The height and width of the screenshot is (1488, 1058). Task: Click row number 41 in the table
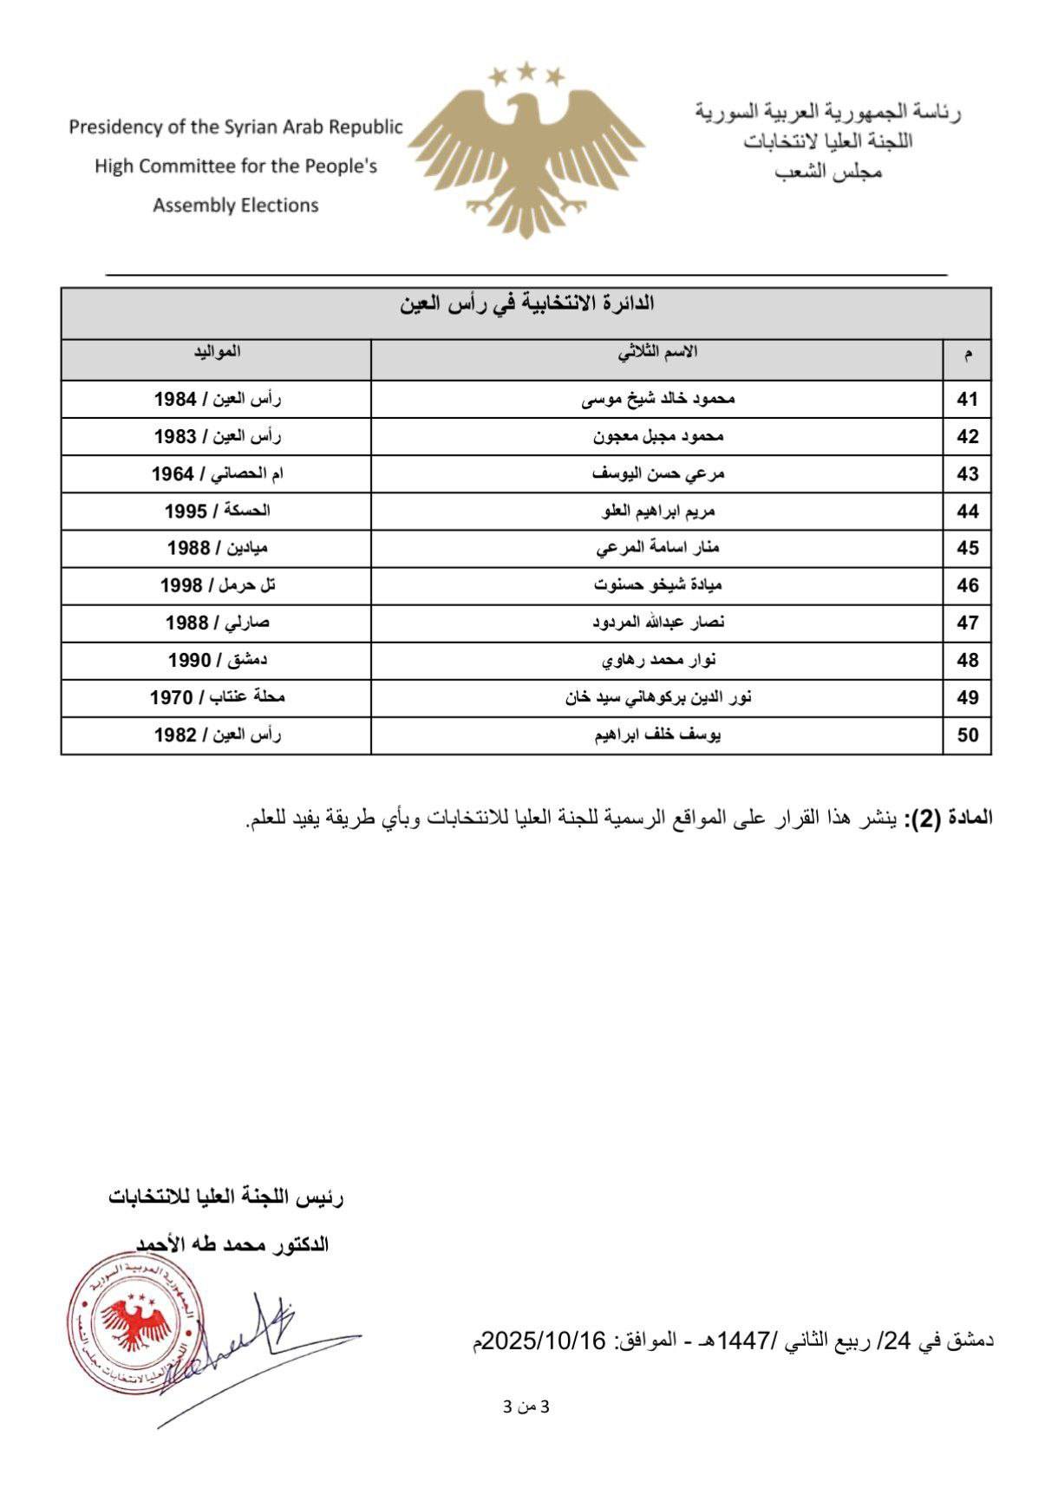(x=967, y=400)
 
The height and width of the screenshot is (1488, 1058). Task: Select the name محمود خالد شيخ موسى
(x=657, y=400)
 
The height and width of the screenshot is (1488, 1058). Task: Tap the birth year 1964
(x=173, y=474)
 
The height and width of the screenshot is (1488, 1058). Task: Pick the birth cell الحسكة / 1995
(x=217, y=512)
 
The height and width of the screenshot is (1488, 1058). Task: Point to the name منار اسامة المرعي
(x=657, y=549)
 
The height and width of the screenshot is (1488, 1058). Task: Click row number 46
(x=967, y=586)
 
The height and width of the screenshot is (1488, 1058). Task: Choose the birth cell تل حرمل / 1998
(x=217, y=586)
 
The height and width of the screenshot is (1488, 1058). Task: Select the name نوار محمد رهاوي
(x=657, y=661)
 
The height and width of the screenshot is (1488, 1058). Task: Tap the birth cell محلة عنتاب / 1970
(x=217, y=697)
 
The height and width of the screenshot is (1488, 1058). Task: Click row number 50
(x=967, y=735)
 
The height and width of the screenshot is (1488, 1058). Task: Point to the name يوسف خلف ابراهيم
(x=657, y=735)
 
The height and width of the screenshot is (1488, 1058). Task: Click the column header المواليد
(x=217, y=352)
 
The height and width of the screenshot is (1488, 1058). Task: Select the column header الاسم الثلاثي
(x=657, y=352)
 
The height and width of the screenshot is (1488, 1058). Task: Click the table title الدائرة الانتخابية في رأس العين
(x=527, y=304)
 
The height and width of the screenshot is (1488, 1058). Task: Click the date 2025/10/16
(x=543, y=1341)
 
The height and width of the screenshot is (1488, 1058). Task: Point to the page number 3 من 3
(x=526, y=1406)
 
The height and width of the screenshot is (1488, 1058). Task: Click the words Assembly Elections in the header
(x=236, y=206)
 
